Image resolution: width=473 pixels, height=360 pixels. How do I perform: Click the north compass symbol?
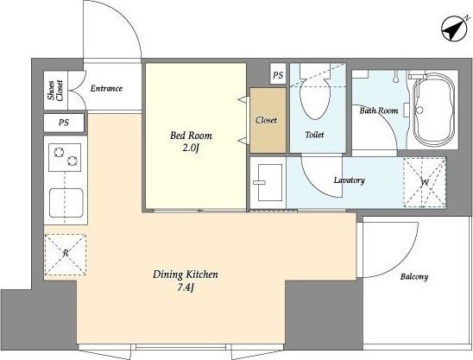coord(453,29)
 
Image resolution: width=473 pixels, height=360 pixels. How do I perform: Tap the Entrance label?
coord(106,88)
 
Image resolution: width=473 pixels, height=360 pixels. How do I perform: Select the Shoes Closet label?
coord(56,91)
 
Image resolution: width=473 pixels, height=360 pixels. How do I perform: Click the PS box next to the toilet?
coord(278,74)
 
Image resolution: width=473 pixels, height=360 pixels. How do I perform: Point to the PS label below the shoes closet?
coord(64,123)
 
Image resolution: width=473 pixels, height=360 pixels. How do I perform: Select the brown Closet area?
coord(268,120)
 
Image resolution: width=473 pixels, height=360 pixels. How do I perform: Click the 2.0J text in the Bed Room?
coord(191,148)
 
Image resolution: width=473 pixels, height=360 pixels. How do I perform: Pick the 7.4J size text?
coord(186,287)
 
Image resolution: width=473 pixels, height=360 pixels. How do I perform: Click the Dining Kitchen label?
coord(186,275)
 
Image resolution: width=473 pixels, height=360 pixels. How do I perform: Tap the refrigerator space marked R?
coord(66,255)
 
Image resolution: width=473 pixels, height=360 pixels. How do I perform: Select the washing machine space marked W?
coord(425,182)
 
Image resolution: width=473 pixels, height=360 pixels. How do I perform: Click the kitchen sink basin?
coord(66,203)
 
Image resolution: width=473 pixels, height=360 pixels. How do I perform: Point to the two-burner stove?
coord(65,157)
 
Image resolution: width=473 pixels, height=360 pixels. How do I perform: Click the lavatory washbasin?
coord(269,182)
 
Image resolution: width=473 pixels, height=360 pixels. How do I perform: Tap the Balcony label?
coord(414,277)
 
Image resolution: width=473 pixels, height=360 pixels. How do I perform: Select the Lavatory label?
coord(350,180)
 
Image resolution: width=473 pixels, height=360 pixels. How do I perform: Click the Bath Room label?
coord(379,111)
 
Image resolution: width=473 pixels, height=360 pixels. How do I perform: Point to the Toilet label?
coord(315,135)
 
